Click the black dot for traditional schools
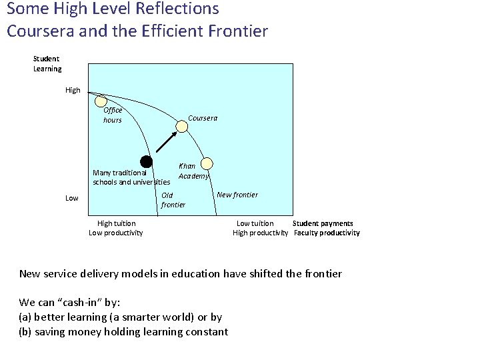(x=147, y=161)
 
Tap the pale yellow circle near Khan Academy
(x=207, y=162)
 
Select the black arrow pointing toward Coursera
(x=166, y=141)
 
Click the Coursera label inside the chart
(x=203, y=118)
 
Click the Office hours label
(x=113, y=115)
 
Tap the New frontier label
(x=237, y=195)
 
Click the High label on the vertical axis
(x=73, y=89)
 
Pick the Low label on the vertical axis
(x=72, y=198)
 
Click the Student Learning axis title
(x=47, y=64)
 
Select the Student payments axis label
(x=323, y=223)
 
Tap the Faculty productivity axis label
(x=327, y=233)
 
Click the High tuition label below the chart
(x=116, y=223)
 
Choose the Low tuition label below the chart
(x=255, y=223)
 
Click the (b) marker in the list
(x=25, y=331)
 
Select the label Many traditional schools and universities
(x=131, y=177)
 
